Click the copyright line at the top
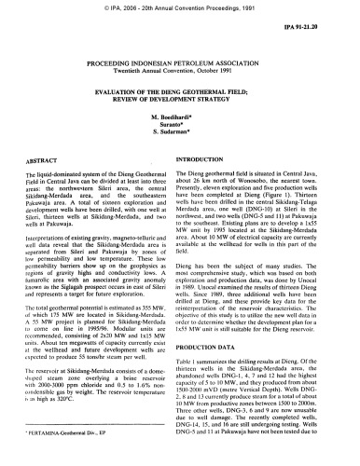179,7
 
